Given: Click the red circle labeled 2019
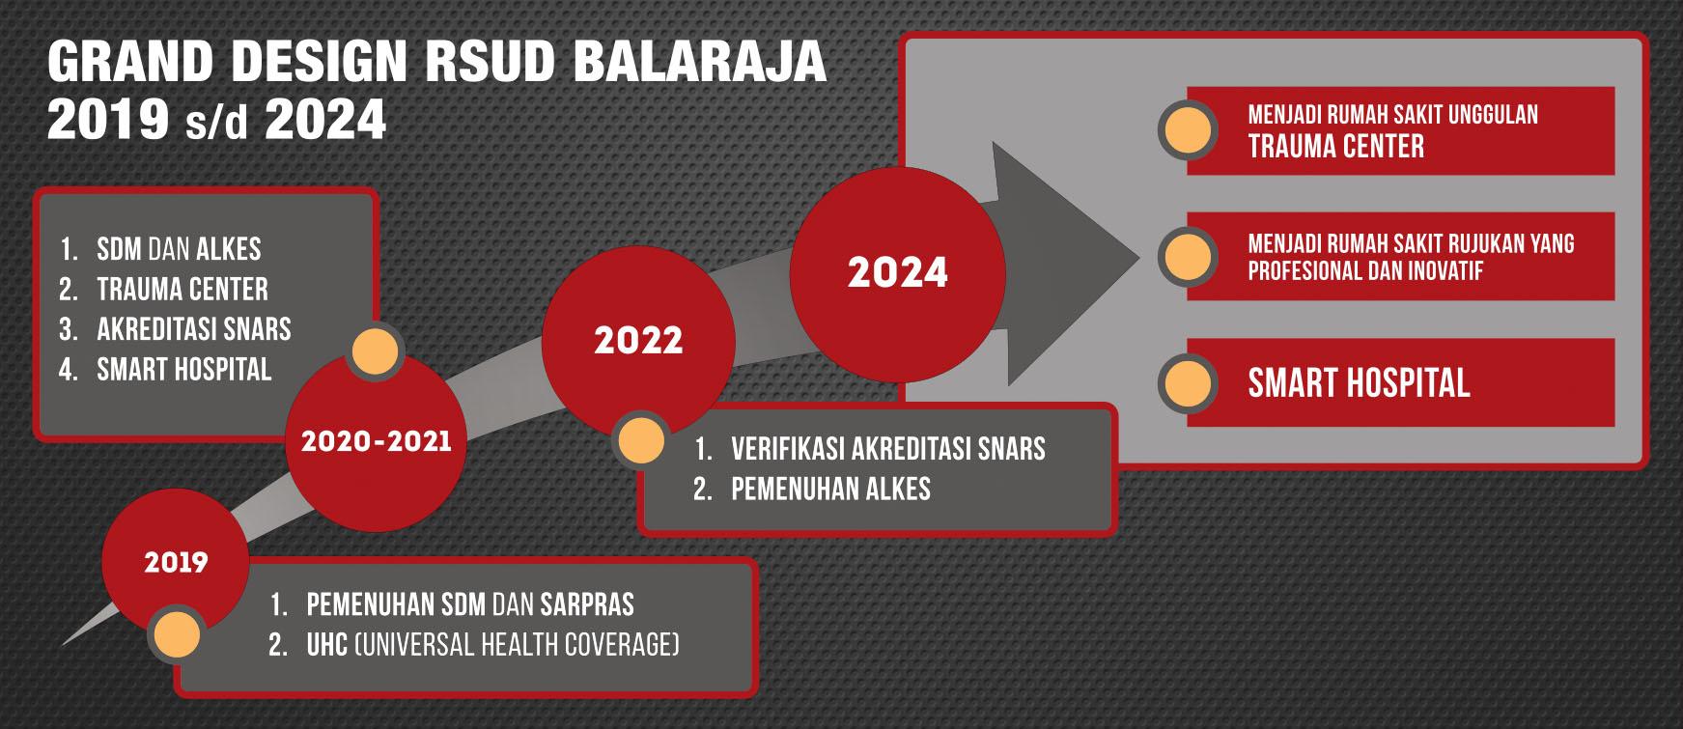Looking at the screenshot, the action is pyautogui.click(x=176, y=562).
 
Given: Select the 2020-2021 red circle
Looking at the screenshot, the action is pyautogui.click(x=377, y=441).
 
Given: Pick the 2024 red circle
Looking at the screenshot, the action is pyautogui.click(x=898, y=274).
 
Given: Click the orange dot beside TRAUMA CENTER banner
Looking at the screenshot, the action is pyautogui.click(x=1188, y=129).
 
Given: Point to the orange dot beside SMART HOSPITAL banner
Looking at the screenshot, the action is pyautogui.click(x=1188, y=383).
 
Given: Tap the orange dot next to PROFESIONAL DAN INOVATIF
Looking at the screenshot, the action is pyautogui.click(x=1188, y=257).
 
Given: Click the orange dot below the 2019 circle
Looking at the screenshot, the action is pyautogui.click(x=177, y=634).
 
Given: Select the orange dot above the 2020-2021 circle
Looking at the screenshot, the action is pyautogui.click(x=375, y=350).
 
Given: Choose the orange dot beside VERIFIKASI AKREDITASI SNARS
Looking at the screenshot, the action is pyautogui.click(x=641, y=441).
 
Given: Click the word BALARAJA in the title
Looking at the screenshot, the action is pyautogui.click(x=700, y=62).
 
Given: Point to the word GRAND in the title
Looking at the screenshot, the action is pyautogui.click(x=130, y=62).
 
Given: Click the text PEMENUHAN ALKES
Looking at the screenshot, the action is pyautogui.click(x=830, y=490).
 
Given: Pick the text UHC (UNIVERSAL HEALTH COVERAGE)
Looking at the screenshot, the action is pyautogui.click(x=493, y=645).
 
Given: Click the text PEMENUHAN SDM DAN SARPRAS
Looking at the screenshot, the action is pyautogui.click(x=470, y=604).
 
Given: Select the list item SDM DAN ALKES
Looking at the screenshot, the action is pyautogui.click(x=179, y=249).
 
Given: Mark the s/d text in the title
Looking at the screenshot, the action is pyautogui.click(x=217, y=123).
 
